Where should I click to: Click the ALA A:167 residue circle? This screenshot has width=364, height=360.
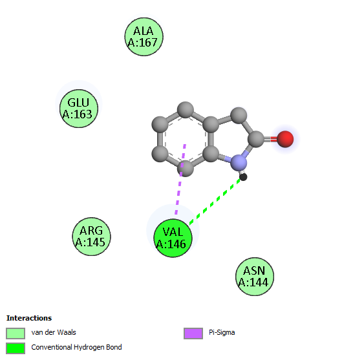(x=144, y=37)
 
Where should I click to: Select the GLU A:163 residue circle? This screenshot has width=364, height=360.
(x=79, y=109)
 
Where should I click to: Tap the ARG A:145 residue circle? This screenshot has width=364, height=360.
(x=91, y=237)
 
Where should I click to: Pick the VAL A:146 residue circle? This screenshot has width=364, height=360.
(x=173, y=238)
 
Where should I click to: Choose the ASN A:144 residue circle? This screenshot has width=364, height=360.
(x=255, y=277)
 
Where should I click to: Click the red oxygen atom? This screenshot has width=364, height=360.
(x=285, y=139)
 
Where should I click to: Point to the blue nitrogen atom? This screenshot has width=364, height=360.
(x=239, y=162)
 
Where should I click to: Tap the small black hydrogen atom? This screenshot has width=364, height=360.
(x=243, y=177)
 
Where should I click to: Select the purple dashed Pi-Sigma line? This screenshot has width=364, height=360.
(x=180, y=179)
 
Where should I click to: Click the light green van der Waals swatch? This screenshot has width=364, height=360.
(x=16, y=334)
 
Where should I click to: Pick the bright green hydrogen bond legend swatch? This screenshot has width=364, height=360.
(x=16, y=348)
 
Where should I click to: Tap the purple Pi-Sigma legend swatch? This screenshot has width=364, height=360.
(x=193, y=334)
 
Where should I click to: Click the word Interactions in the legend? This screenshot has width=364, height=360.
(x=29, y=318)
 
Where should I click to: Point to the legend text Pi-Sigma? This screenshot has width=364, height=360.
(x=222, y=332)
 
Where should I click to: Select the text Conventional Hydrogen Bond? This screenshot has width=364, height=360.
(x=76, y=347)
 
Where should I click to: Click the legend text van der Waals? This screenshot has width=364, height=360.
(x=54, y=332)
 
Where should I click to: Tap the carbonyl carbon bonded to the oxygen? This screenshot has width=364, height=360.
(x=256, y=139)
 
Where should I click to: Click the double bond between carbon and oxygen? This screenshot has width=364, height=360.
(x=270, y=139)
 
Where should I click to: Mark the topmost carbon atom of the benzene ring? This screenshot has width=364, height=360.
(x=186, y=110)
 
